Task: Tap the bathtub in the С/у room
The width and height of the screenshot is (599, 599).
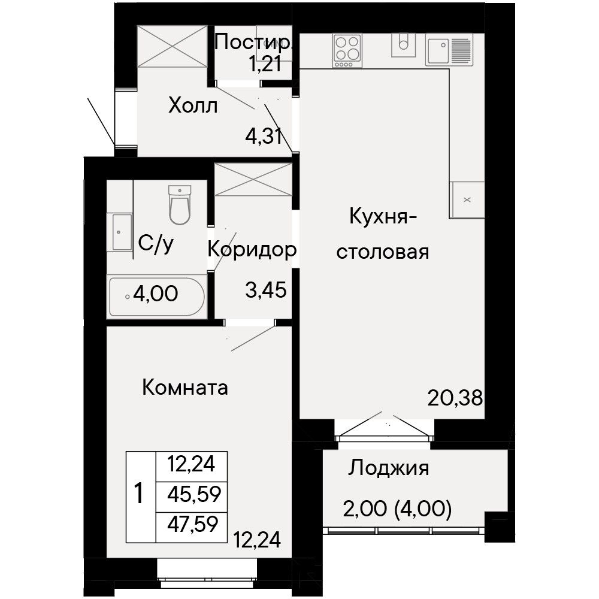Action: tap(157, 297)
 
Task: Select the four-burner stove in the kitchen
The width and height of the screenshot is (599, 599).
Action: tap(347, 50)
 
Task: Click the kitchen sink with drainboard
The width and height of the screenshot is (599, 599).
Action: tap(449, 50)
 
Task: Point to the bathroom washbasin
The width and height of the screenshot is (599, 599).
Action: tap(120, 232)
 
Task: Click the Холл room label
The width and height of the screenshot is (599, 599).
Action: tap(193, 105)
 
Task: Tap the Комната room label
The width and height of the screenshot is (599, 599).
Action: tap(185, 388)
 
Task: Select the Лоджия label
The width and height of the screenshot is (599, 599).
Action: tap(388, 468)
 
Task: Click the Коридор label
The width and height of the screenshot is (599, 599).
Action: tap(252, 250)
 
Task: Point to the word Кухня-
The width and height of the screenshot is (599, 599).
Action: tap(383, 217)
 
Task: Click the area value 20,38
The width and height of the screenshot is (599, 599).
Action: tap(455, 398)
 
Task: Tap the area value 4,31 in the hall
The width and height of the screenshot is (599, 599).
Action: tap(264, 136)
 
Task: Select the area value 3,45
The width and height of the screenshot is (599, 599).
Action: tap(266, 291)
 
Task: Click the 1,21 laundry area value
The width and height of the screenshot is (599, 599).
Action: tap(265, 63)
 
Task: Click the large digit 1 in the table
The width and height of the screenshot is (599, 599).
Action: tap(139, 494)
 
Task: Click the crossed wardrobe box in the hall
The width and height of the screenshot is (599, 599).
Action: tap(172, 47)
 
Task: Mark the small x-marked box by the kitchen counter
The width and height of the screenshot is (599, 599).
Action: tap(467, 200)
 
